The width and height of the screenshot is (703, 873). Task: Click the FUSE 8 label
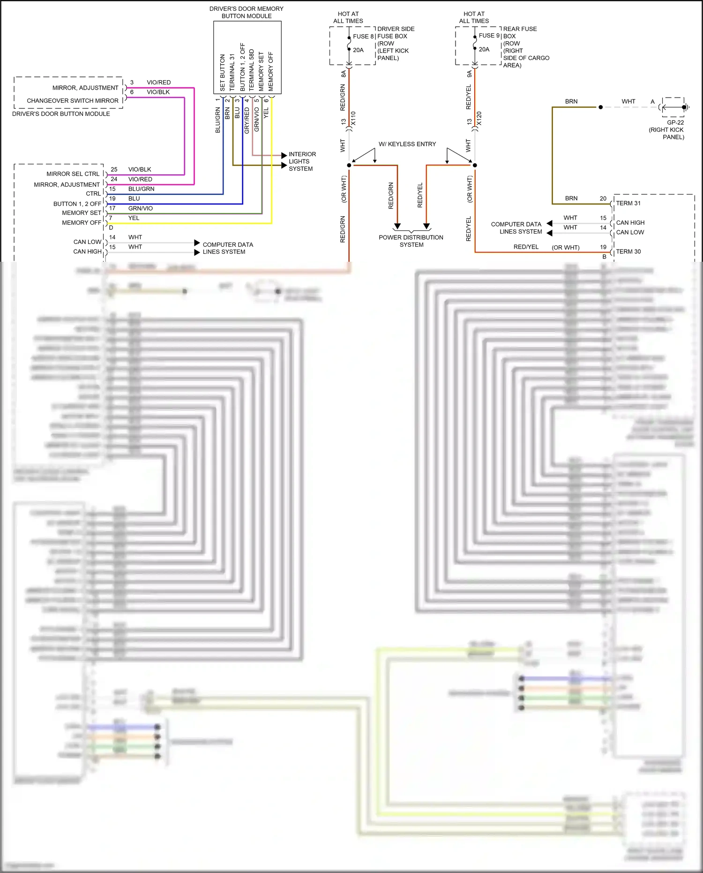[x=363, y=36]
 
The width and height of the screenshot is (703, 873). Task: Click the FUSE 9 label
[x=489, y=36]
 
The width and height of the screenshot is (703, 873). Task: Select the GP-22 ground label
[x=675, y=122]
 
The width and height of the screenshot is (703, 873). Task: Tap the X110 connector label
[x=353, y=118]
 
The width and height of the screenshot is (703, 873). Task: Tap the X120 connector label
[x=479, y=118]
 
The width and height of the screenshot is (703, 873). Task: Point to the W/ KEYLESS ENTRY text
[x=407, y=144]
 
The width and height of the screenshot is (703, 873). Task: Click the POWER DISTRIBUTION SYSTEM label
[x=411, y=241]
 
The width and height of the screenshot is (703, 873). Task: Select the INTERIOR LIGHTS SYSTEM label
[x=302, y=161]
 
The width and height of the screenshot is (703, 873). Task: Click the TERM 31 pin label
[x=628, y=203]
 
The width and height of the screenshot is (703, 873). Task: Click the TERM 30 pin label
[x=628, y=251]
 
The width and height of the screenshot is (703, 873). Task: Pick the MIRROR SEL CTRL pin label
[x=73, y=174]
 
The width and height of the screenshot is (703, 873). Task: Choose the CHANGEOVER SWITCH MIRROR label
[x=73, y=101]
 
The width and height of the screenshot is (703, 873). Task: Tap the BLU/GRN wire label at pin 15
[x=141, y=189]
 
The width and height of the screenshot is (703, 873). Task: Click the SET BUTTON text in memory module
[x=223, y=72]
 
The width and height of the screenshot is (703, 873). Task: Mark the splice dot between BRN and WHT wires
[x=600, y=107]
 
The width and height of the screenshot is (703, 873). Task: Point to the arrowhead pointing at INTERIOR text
[x=284, y=155]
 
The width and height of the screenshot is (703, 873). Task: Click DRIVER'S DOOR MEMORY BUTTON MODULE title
[x=246, y=12]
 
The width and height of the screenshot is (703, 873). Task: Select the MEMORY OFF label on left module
[x=82, y=223]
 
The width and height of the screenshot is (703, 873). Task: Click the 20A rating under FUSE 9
[x=484, y=49]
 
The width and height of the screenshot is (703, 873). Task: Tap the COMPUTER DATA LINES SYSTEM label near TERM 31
[x=516, y=228]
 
